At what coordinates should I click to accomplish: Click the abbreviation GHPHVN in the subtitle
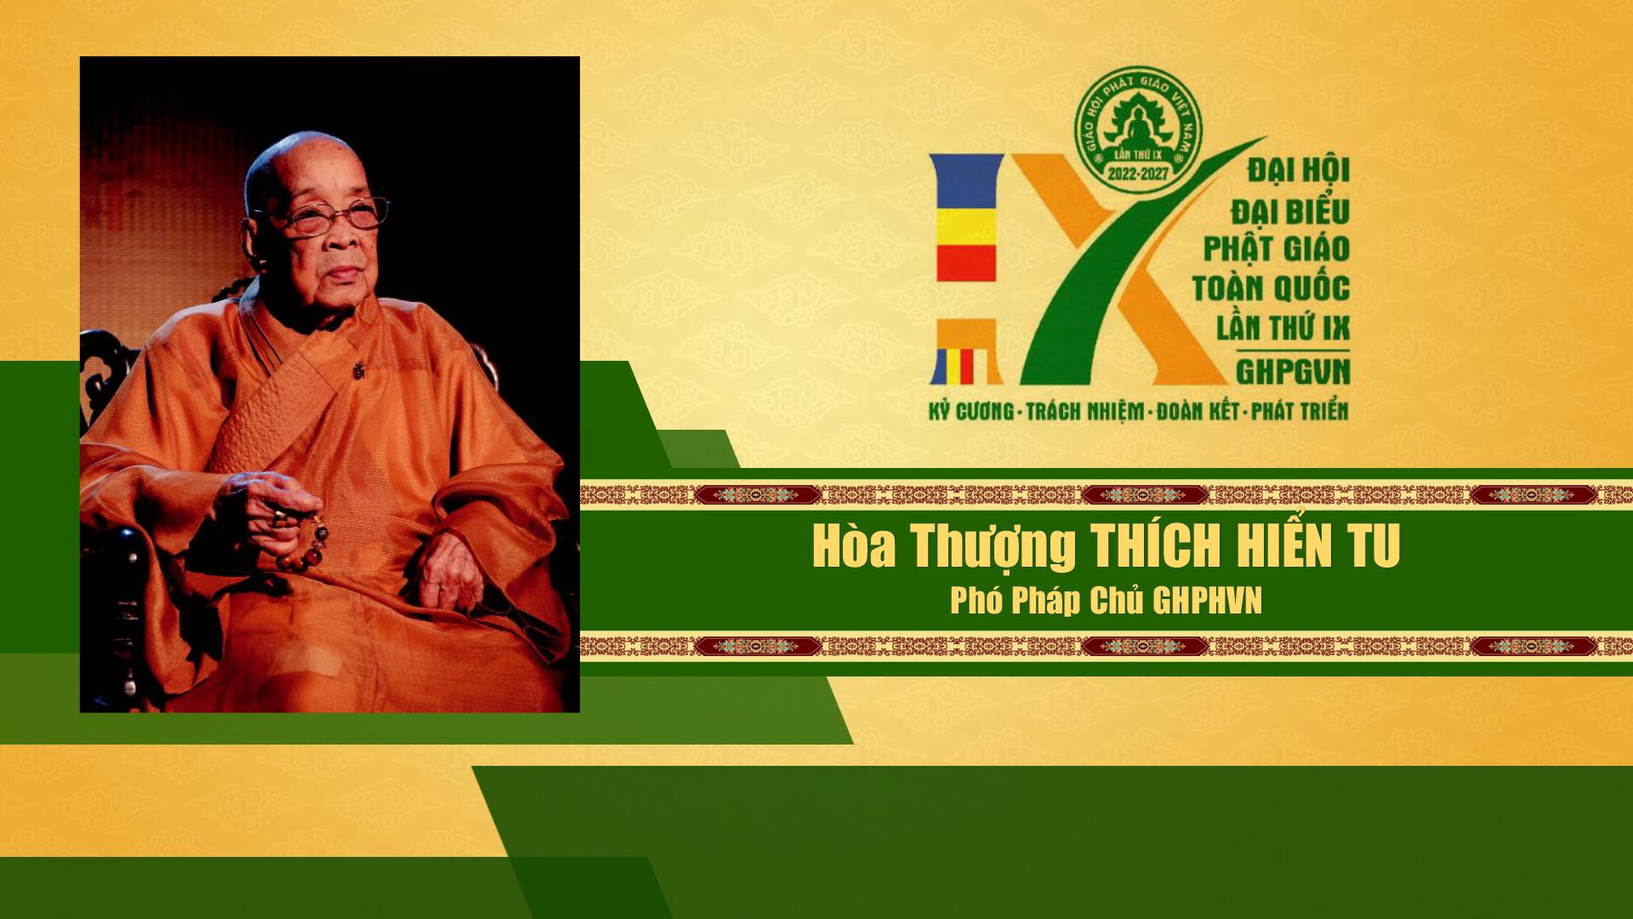[1207, 601]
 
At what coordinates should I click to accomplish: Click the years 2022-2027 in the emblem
[1138, 174]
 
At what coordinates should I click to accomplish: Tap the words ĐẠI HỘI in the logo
[1299, 168]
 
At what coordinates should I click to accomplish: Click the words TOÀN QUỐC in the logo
[1271, 288]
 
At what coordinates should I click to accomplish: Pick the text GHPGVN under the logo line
[1293, 371]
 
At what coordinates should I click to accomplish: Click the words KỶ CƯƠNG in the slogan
[971, 411]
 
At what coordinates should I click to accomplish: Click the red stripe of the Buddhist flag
[966, 263]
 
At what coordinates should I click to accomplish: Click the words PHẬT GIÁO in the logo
[1277, 248]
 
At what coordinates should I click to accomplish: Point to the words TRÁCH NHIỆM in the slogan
[1084, 412]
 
